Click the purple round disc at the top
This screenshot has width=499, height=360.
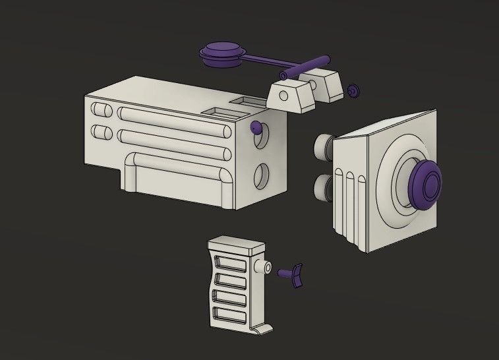coord(222,53)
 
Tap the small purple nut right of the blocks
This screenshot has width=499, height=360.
coord(354,91)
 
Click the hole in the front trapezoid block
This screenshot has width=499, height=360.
coord(285,96)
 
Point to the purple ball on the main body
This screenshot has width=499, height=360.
coord(255,127)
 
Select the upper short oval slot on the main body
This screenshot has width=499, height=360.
coord(101,110)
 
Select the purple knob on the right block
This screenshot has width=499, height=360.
coord(426,183)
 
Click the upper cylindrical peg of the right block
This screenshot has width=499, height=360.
coord(324,146)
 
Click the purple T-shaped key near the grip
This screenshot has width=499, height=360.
coord(293,274)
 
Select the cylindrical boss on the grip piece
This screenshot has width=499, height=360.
coord(265,268)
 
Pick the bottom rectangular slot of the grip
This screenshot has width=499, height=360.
coord(228,315)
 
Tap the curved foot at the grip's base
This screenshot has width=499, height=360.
coord(261,328)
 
